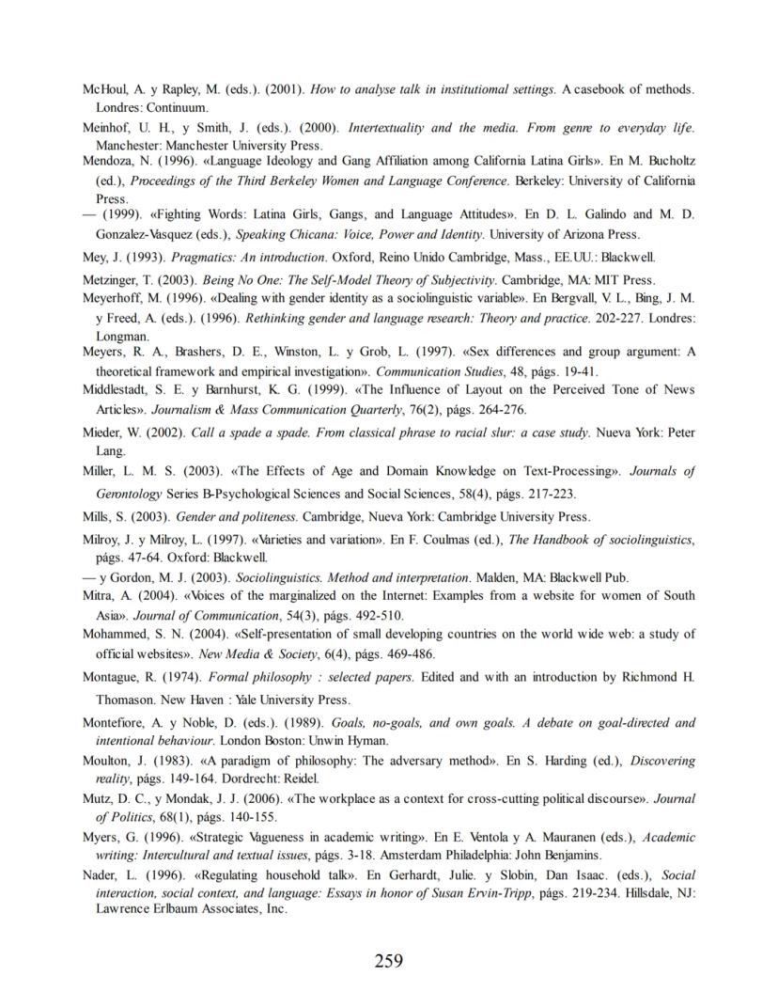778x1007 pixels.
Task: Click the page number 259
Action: pyautogui.click(x=388, y=960)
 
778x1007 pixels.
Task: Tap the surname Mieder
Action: pyautogui.click(x=103, y=433)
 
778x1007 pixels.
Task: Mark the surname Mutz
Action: pyautogui.click(x=98, y=798)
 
